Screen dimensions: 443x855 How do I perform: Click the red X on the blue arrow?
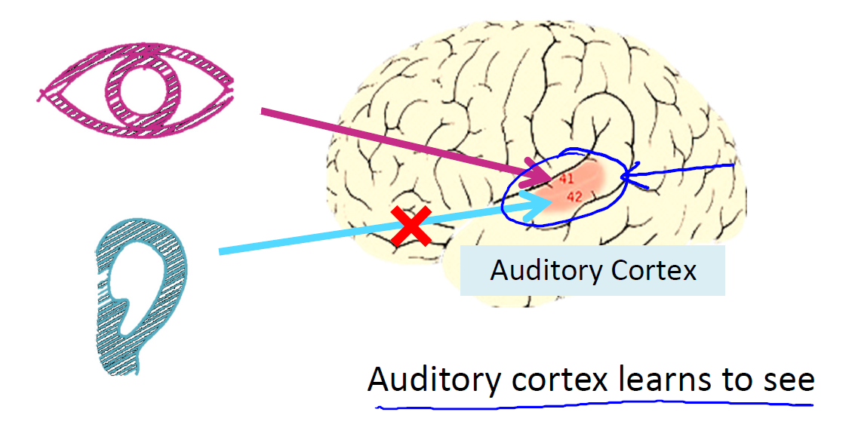tap(411, 226)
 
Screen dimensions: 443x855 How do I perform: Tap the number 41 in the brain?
tap(567, 180)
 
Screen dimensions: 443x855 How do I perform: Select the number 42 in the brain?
tap(574, 197)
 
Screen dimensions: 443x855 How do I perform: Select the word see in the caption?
tap(785, 380)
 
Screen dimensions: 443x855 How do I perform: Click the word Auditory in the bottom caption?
tap(433, 380)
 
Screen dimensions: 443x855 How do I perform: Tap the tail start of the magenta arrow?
tap(263, 112)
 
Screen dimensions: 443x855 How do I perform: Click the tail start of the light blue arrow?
tap(221, 251)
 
